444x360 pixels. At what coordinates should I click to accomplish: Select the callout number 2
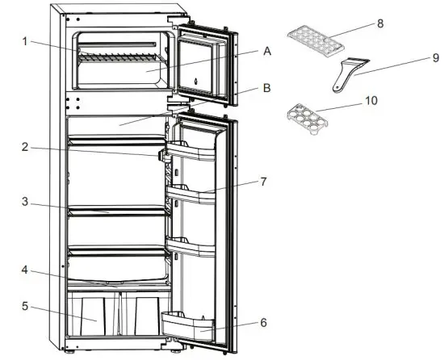tap(25, 147)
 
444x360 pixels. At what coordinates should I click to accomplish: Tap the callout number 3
tap(25, 203)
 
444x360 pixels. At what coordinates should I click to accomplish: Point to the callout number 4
tap(25, 270)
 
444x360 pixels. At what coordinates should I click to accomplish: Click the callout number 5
tap(25, 307)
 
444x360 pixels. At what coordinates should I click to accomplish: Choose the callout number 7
tap(263, 182)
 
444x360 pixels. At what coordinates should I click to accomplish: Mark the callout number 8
tap(380, 25)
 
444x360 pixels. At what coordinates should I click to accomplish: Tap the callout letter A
tap(266, 50)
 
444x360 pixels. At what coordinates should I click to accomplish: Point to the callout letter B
tap(266, 90)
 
